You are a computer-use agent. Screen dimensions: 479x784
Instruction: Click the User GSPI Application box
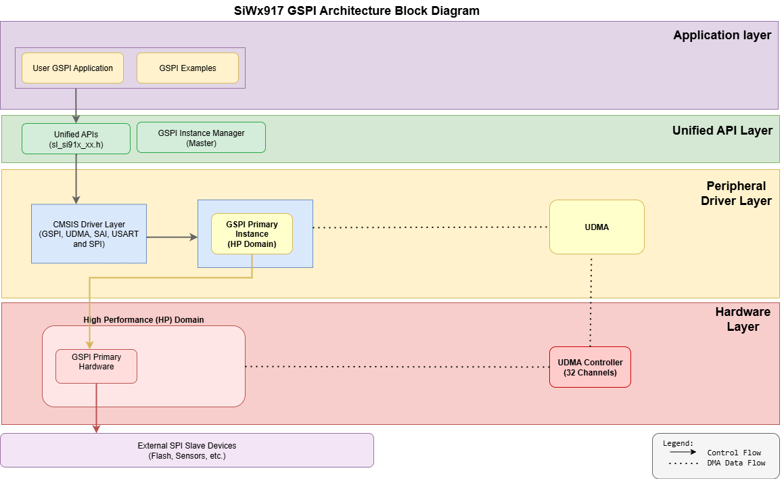72,68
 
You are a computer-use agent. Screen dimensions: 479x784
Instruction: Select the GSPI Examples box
187,68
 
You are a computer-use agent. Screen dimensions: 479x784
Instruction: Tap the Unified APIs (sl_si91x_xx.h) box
76,139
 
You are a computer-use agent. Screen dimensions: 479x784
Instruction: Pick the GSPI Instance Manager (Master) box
201,138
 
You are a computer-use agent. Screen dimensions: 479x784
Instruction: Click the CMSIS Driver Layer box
89,233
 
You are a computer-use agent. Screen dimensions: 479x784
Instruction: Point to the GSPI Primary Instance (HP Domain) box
252,234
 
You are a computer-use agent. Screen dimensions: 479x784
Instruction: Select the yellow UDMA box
597,227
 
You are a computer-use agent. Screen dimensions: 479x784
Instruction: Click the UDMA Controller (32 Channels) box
590,367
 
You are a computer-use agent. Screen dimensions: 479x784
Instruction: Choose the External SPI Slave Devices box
187,451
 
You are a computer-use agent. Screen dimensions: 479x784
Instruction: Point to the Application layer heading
722,35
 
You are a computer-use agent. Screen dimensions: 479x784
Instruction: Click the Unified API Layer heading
722,131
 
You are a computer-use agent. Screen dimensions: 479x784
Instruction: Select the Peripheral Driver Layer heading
738,193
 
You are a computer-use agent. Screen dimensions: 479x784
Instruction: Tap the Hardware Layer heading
742,319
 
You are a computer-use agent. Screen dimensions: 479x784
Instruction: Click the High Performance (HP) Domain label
143,319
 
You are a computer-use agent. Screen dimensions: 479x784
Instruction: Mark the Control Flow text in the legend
733,453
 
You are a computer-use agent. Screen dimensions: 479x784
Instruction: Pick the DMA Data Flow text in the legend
736,463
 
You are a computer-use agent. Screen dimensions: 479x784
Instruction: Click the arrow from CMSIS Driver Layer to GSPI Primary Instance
172,237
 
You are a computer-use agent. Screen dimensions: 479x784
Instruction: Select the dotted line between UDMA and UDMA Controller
592,301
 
